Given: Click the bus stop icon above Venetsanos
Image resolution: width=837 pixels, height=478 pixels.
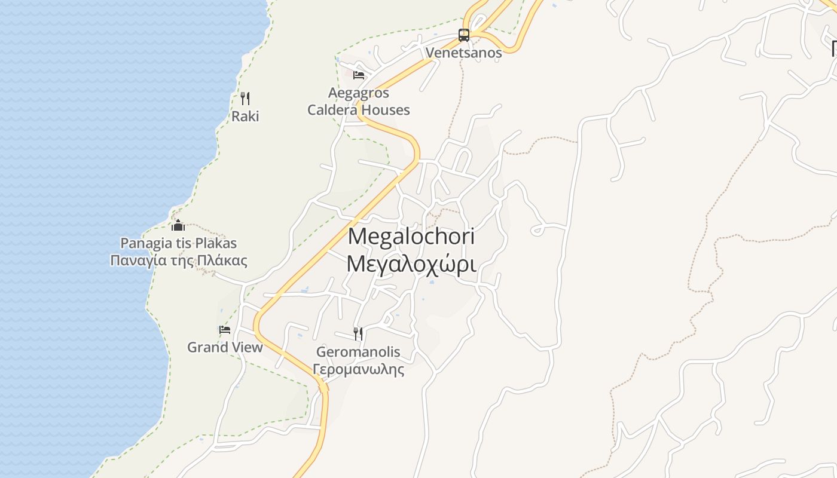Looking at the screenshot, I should pyautogui.click(x=464, y=35).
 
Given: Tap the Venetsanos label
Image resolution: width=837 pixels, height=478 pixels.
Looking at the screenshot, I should pyautogui.click(x=463, y=53).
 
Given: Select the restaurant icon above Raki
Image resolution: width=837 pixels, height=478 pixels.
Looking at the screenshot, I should pyautogui.click(x=245, y=99).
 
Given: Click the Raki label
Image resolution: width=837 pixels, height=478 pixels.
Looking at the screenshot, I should pyautogui.click(x=245, y=116).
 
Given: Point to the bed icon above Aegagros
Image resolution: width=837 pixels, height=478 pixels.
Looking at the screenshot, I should pyautogui.click(x=359, y=75).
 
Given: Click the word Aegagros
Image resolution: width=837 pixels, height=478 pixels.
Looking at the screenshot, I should pyautogui.click(x=359, y=93).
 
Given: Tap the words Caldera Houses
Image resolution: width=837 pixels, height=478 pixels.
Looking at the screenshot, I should pyautogui.click(x=359, y=110).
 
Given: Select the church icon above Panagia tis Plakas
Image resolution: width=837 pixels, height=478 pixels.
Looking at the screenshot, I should pyautogui.click(x=178, y=225).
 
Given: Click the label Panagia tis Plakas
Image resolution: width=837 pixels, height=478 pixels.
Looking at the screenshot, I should pyautogui.click(x=179, y=243).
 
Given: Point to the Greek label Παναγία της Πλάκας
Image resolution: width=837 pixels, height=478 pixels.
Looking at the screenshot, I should pyautogui.click(x=179, y=261).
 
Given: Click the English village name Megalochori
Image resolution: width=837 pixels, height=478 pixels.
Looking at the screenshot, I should pyautogui.click(x=411, y=237).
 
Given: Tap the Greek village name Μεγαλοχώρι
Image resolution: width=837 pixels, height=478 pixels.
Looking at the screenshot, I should pyautogui.click(x=411, y=263).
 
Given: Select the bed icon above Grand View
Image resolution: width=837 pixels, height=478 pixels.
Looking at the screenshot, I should pyautogui.click(x=225, y=329).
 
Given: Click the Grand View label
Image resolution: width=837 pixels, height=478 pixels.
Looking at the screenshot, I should pyautogui.click(x=225, y=347).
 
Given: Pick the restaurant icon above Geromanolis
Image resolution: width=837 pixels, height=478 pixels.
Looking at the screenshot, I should pyautogui.click(x=358, y=333).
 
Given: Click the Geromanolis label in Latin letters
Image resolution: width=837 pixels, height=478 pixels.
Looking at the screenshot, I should pyautogui.click(x=358, y=352).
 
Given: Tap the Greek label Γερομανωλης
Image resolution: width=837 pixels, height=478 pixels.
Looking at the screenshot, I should pyautogui.click(x=358, y=369).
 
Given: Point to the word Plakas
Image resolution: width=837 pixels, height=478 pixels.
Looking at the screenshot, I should pyautogui.click(x=216, y=243).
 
